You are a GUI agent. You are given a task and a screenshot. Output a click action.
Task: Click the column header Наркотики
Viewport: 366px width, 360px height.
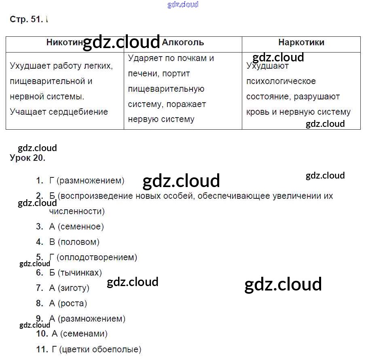point(301,42)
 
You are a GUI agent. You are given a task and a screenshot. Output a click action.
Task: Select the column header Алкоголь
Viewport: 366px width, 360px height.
point(183,42)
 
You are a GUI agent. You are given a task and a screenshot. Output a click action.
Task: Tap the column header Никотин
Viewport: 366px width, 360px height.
point(65,42)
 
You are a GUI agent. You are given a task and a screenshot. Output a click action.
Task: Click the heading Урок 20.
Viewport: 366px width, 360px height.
point(28,158)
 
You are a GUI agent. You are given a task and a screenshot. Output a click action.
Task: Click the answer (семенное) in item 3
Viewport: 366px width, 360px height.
point(80,227)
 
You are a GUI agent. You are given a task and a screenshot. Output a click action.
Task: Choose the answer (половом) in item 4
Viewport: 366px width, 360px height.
point(78,242)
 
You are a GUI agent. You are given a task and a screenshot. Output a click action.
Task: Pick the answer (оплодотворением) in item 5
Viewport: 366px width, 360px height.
point(97,257)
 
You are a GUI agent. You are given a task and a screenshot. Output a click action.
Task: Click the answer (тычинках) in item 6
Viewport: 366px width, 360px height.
point(80,273)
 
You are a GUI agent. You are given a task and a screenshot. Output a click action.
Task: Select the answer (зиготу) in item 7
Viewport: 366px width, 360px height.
point(73,288)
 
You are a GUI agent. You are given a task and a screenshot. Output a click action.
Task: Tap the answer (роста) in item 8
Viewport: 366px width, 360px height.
point(72,303)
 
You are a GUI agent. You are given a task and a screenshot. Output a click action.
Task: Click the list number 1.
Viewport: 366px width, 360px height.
point(39,181)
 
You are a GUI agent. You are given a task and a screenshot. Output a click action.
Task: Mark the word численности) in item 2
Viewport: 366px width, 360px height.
point(77,211)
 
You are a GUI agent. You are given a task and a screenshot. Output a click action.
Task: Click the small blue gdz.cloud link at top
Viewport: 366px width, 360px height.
point(183,5)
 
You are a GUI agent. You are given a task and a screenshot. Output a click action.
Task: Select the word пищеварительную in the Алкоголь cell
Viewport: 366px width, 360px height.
point(166,89)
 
